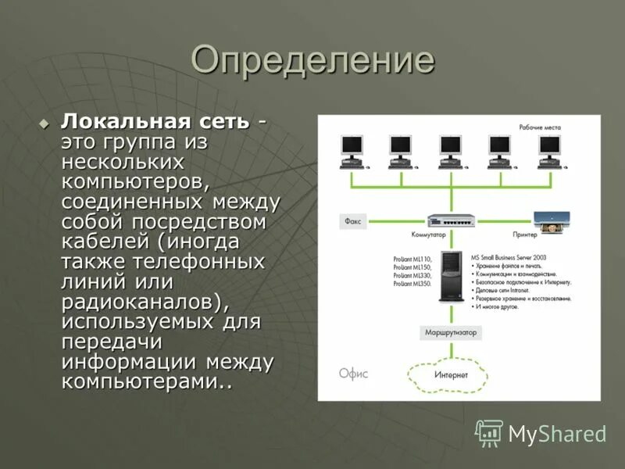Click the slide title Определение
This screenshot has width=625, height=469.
click(x=312, y=61)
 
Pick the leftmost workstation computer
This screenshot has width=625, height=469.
click(x=352, y=151)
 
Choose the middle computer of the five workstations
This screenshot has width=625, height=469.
click(x=451, y=151)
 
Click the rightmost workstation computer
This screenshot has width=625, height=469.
click(x=550, y=151)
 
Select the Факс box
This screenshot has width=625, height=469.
click(x=353, y=221)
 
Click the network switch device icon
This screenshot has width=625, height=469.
click(x=451, y=221)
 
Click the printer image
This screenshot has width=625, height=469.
click(x=551, y=220)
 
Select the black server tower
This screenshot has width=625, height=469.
click(x=452, y=275)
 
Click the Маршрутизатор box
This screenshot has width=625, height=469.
click(x=451, y=332)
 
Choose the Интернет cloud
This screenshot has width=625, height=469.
click(x=451, y=376)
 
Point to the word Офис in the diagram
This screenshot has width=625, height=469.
click(x=353, y=374)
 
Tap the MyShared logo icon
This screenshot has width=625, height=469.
click(x=489, y=432)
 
